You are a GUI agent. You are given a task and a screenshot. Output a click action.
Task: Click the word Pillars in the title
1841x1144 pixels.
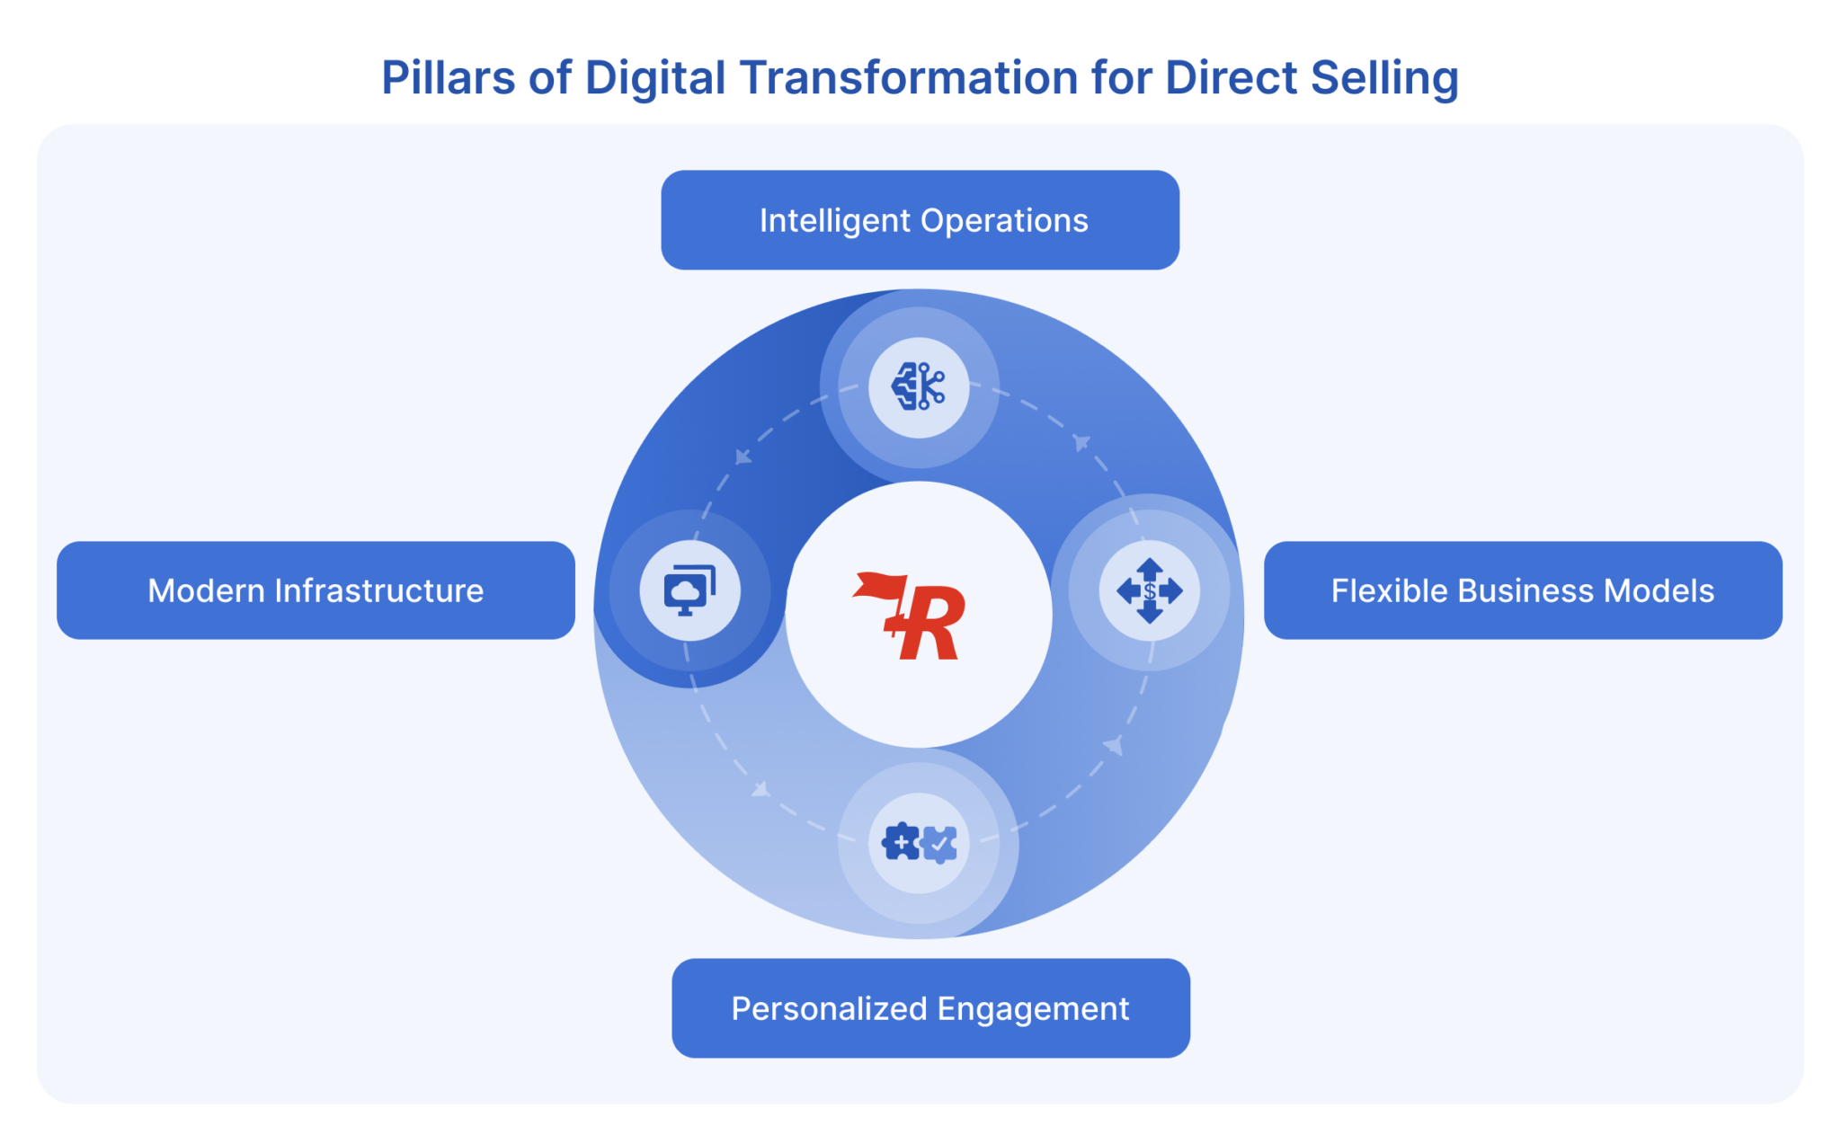click(x=448, y=77)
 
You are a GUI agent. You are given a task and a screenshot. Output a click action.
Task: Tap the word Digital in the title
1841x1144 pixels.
click(x=654, y=77)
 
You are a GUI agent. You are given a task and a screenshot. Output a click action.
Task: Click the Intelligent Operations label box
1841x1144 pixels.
click(x=920, y=220)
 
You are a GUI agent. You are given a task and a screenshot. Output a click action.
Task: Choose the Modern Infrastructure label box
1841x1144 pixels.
click(x=316, y=590)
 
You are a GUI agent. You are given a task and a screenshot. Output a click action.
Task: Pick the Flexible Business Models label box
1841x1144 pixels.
click(x=1523, y=590)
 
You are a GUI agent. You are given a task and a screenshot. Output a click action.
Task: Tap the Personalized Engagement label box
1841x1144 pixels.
click(x=930, y=1008)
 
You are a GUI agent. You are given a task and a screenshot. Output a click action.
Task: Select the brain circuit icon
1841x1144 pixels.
click(x=918, y=387)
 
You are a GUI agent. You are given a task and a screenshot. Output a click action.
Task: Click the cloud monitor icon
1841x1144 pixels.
click(x=689, y=590)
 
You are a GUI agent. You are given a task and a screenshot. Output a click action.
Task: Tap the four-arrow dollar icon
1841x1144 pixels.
click(x=1149, y=590)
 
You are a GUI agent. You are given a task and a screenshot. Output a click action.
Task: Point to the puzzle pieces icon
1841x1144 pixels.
click(x=919, y=843)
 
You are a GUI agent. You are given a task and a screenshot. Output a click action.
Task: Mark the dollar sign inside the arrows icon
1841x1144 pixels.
click(x=1150, y=591)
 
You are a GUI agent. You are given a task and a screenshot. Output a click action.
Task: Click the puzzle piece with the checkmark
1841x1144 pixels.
click(x=939, y=844)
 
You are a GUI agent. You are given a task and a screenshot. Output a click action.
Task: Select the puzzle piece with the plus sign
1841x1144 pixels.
click(x=900, y=843)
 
